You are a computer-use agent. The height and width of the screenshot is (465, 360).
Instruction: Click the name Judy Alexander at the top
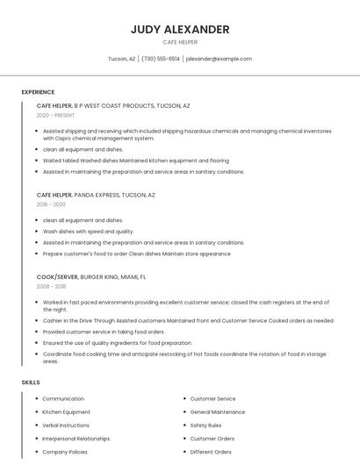(x=180, y=29)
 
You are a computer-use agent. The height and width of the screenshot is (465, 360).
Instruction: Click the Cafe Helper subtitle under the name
(x=180, y=42)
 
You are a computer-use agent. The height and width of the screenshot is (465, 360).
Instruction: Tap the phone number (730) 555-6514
(x=160, y=59)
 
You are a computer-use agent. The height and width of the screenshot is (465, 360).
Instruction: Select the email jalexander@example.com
(x=219, y=59)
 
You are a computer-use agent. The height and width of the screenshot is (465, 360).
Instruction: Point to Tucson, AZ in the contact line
(x=121, y=59)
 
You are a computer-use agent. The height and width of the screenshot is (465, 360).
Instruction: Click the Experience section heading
(x=38, y=92)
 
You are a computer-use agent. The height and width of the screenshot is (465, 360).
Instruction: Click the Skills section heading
(x=31, y=383)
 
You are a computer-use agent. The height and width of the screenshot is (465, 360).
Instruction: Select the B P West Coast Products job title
(x=113, y=105)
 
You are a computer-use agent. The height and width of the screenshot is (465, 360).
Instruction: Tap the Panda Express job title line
(x=96, y=195)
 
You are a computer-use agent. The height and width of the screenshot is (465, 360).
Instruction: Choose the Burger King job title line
(x=91, y=276)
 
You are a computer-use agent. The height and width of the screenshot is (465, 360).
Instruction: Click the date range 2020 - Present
(x=56, y=115)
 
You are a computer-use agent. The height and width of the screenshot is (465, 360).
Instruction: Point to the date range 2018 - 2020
(x=51, y=204)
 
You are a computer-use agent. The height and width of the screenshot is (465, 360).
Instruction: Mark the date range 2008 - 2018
(x=51, y=286)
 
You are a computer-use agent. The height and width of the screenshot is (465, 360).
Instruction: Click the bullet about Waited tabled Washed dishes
(x=136, y=161)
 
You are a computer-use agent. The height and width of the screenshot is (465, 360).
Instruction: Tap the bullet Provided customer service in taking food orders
(x=104, y=332)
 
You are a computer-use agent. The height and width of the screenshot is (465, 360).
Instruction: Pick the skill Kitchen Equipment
(x=67, y=412)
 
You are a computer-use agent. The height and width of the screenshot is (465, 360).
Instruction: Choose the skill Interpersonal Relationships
(x=76, y=439)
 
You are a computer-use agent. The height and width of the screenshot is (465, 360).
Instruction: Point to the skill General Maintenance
(x=218, y=412)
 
